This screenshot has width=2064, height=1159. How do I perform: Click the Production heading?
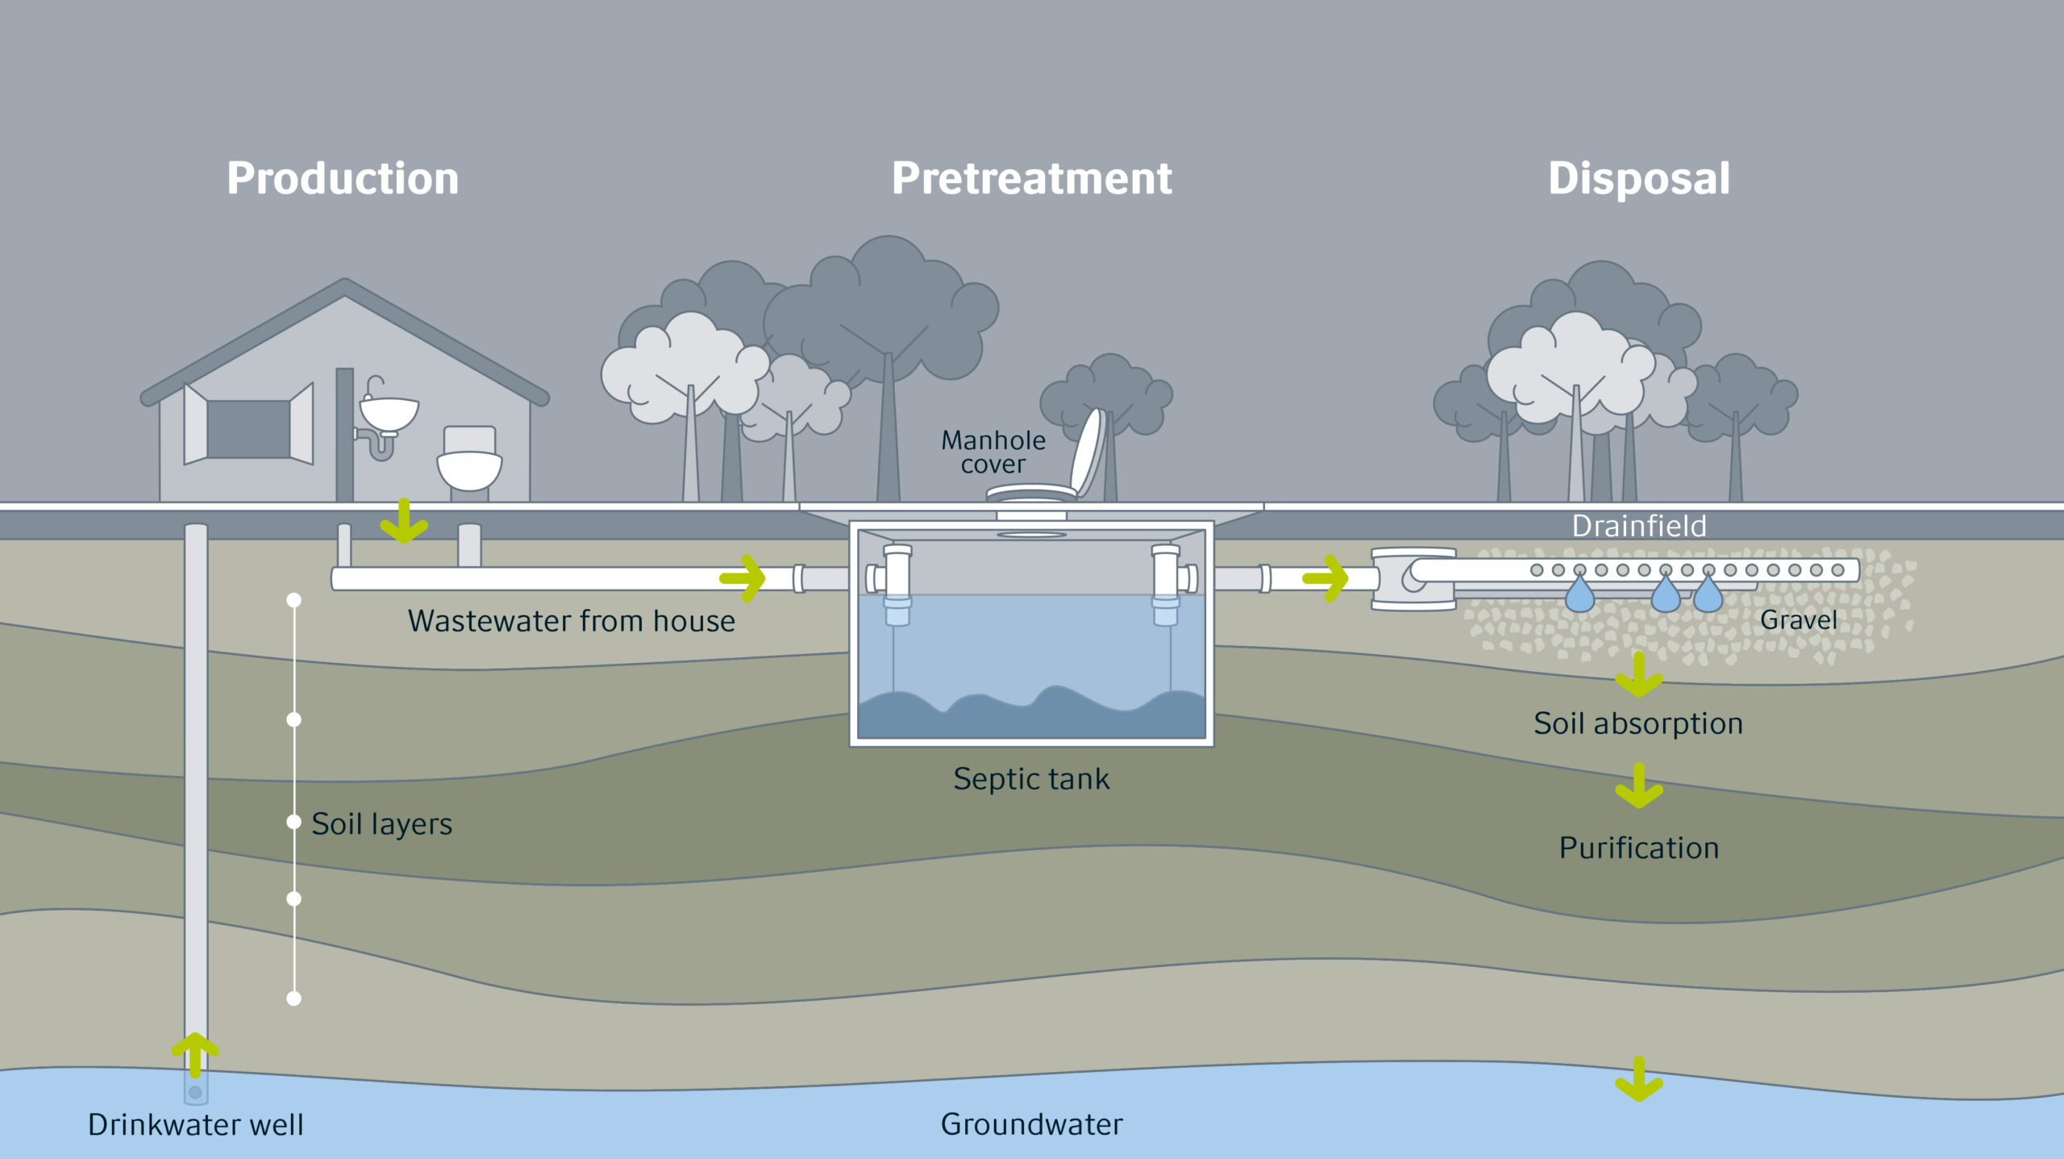[x=343, y=178]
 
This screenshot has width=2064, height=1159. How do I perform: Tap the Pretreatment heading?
[x=1031, y=178]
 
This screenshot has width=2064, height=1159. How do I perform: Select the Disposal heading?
[x=1638, y=178]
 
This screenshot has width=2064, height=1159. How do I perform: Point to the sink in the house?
[x=389, y=413]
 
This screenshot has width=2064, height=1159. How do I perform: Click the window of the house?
[x=248, y=429]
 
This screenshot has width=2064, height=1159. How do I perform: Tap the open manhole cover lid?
[x=1088, y=452]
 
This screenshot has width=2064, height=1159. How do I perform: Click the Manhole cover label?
[x=993, y=452]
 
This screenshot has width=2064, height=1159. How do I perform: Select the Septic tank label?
[x=1031, y=779]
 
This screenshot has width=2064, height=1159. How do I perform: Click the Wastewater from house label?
[x=571, y=621]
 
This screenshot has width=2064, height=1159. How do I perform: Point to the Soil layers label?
[x=381, y=823]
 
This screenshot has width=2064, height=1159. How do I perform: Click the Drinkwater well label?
[x=196, y=1124]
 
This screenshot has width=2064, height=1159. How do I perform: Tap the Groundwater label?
[x=1031, y=1124]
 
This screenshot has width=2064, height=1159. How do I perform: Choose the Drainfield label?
[x=1638, y=527]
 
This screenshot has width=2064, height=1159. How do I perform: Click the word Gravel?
[x=1798, y=619]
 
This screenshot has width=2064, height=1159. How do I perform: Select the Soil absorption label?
[x=1638, y=723]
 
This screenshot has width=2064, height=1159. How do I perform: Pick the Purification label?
[x=1638, y=848]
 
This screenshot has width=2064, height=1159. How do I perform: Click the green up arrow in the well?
[x=195, y=1053]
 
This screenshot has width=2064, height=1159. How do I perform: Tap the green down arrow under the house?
[x=404, y=521]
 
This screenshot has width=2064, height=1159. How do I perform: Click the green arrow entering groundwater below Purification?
[x=1639, y=1079]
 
